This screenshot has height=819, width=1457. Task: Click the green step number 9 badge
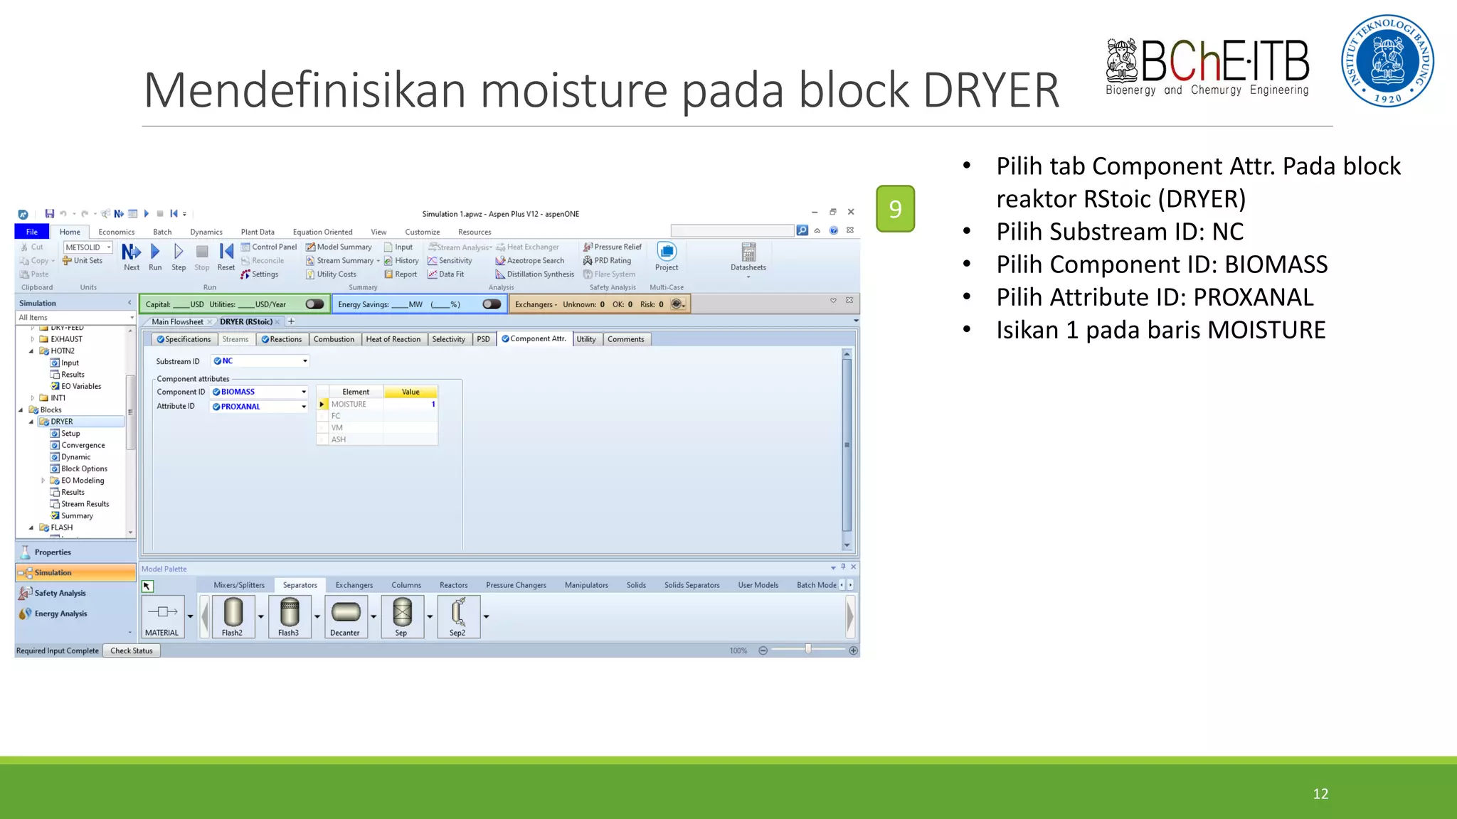point(895,208)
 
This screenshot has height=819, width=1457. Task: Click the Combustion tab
point(334,339)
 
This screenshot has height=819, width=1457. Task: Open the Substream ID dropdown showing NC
point(260,361)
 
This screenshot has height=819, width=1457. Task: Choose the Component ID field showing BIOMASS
point(260,392)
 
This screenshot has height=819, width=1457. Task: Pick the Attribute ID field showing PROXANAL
point(260,407)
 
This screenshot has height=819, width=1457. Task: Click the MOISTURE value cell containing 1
point(410,404)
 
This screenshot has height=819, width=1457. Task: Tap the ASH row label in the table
point(339,439)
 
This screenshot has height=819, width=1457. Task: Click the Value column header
point(410,392)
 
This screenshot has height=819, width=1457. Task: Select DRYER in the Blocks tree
point(62,422)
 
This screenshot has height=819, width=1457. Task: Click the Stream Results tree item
point(85,504)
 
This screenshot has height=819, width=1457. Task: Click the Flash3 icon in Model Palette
point(289,615)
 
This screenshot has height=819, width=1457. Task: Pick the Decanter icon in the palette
point(345,615)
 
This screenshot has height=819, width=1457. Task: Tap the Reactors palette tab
point(453,585)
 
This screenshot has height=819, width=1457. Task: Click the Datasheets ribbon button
point(748,257)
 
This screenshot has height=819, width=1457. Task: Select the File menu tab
point(32,232)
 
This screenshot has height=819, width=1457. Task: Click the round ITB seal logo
point(1387,61)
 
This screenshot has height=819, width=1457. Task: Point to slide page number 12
point(1320,794)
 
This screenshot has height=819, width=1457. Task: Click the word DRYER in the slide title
point(991,90)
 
